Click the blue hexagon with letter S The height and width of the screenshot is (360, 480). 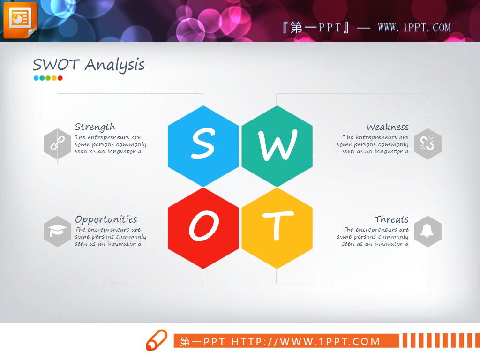[203, 146]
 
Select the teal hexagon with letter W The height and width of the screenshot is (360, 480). [277, 146]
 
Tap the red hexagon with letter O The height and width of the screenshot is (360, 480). [203, 228]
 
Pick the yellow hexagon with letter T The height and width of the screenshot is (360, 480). [277, 228]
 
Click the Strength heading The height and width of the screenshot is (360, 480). [95, 127]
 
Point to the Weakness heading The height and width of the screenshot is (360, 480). [387, 127]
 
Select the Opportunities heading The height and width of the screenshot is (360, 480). [106, 219]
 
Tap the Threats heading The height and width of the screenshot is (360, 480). [391, 219]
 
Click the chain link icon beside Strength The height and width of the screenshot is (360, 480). [57, 144]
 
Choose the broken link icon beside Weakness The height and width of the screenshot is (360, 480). [427, 144]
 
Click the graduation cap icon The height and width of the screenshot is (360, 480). [57, 231]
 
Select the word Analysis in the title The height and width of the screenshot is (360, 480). [114, 66]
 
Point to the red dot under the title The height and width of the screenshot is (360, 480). [60, 78]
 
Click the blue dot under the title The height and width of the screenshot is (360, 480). [36, 78]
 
